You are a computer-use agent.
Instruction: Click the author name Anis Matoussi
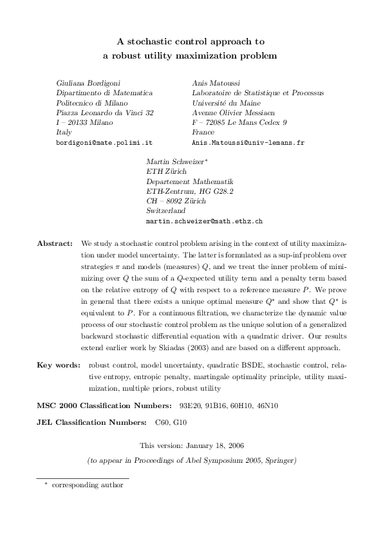[216, 83]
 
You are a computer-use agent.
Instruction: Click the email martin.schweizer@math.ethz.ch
[205, 220]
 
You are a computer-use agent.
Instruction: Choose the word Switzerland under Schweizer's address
[166, 210]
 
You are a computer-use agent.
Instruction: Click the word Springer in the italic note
[279, 460]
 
